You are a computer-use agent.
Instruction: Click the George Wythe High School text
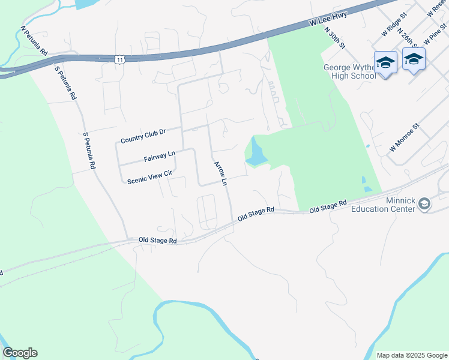tap(349, 71)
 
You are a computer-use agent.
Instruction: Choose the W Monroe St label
tap(406, 137)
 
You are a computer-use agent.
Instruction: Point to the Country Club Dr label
tap(142, 135)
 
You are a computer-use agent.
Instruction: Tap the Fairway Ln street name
tap(159, 157)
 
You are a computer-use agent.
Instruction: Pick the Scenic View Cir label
tap(149, 175)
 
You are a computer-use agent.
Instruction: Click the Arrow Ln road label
tap(220, 172)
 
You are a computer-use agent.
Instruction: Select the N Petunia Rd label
tap(34, 41)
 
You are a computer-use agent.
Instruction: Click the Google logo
tap(20, 353)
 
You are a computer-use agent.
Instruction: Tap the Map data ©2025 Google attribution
tap(411, 355)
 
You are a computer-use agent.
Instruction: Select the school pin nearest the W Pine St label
tap(414, 60)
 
